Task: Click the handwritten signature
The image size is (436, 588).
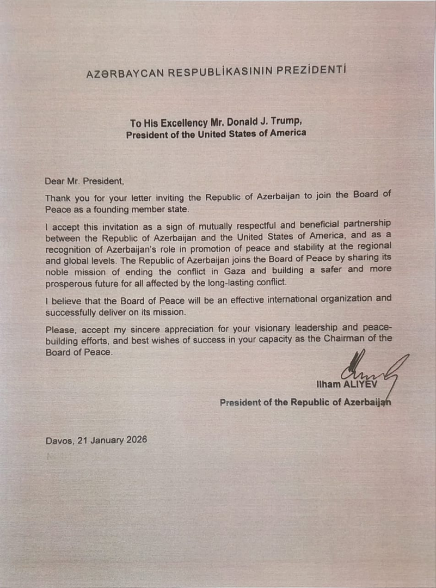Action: (x=370, y=370)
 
